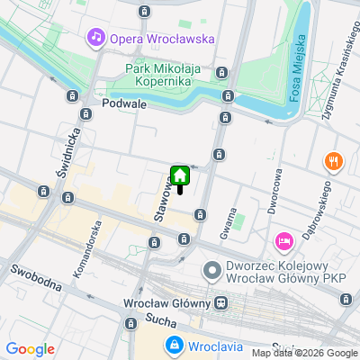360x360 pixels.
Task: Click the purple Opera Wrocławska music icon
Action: coord(94,38)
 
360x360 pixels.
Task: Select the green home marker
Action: coord(180,176)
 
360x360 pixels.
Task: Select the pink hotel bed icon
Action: coord(283,240)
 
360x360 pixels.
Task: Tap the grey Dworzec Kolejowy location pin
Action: coord(213,270)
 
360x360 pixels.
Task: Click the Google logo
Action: coord(31,349)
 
